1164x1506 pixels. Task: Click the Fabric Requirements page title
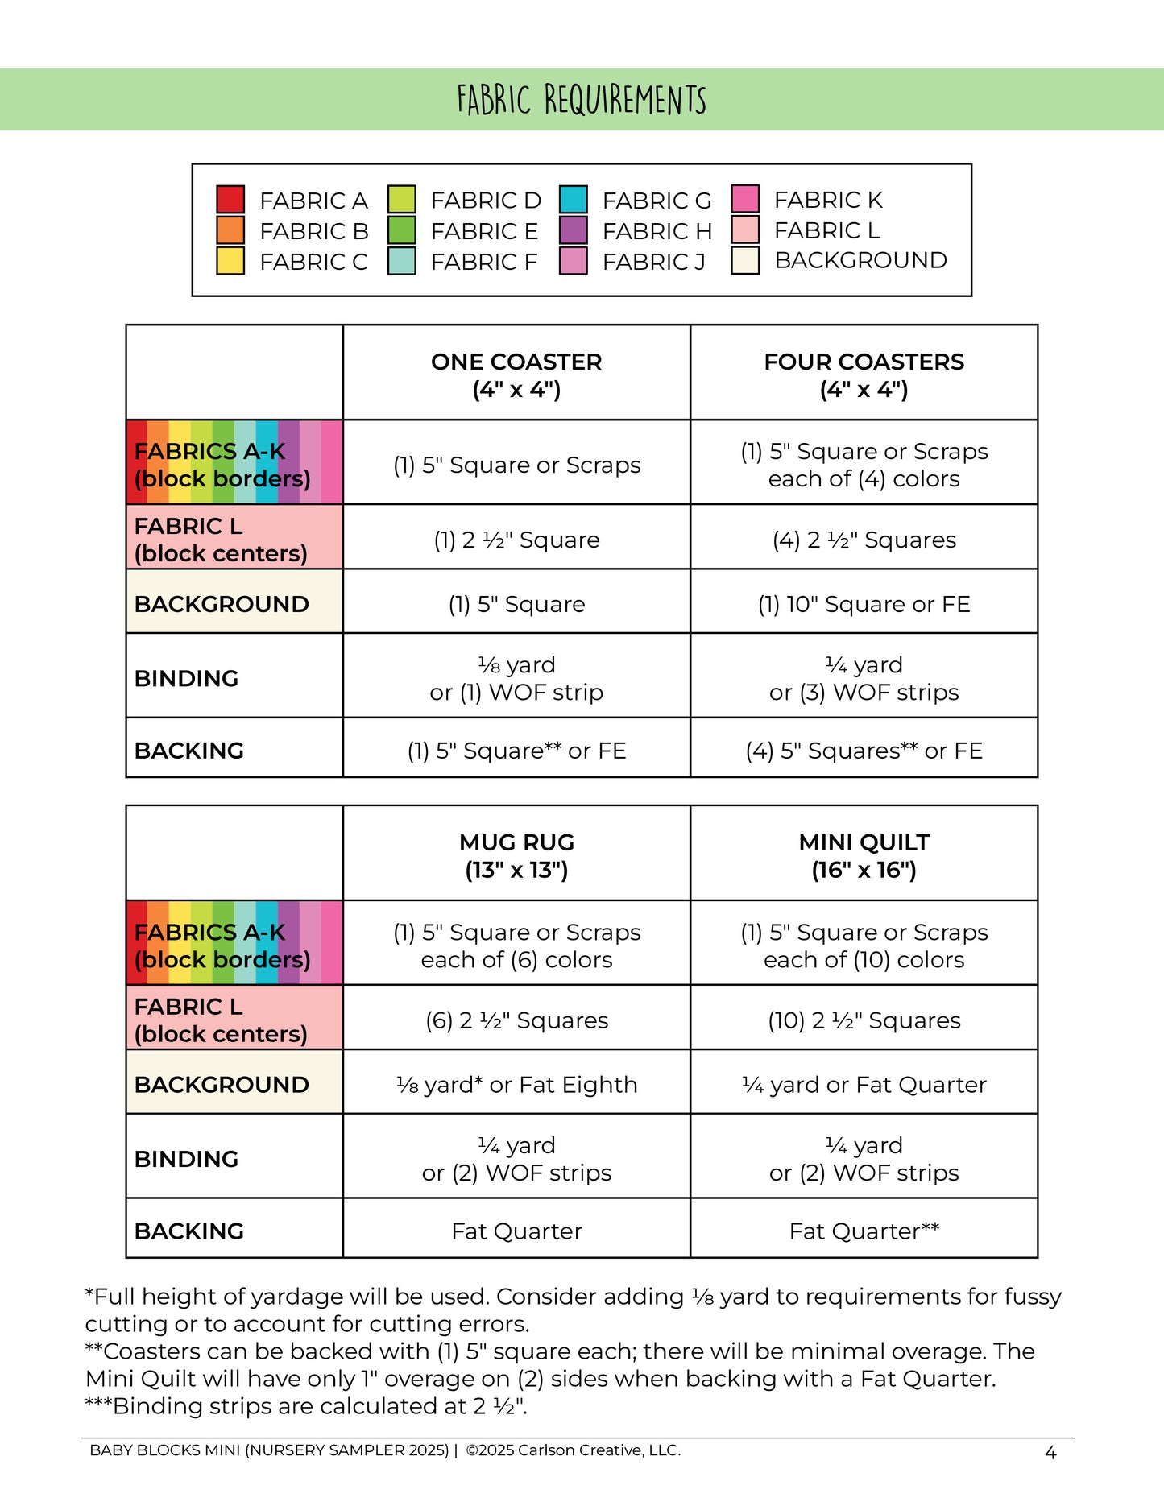tap(582, 100)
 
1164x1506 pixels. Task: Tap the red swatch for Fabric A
tap(230, 200)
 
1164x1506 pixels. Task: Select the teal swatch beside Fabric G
tap(573, 200)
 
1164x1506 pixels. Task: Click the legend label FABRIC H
tap(657, 231)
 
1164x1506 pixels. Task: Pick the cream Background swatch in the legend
tap(745, 261)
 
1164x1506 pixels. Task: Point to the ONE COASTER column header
tap(516, 375)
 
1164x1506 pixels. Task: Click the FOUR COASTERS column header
tap(864, 375)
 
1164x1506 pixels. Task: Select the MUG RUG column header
tap(516, 855)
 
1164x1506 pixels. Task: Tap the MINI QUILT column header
tap(864, 855)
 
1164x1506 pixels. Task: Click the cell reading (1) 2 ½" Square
tap(516, 540)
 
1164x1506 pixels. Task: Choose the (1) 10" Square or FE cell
tap(864, 604)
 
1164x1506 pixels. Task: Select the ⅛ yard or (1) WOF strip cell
tap(516, 678)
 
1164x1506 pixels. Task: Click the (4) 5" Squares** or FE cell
tap(864, 751)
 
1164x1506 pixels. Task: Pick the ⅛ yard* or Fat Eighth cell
tap(516, 1085)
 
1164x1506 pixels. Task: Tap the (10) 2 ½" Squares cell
tap(864, 1020)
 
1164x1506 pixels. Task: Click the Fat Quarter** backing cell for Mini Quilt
tap(864, 1231)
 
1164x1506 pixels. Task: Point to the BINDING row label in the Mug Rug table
tap(187, 1159)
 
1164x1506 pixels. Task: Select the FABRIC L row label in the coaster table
tap(221, 540)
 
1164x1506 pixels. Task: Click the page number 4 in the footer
tap(1050, 1453)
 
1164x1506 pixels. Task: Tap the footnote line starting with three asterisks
tap(306, 1406)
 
